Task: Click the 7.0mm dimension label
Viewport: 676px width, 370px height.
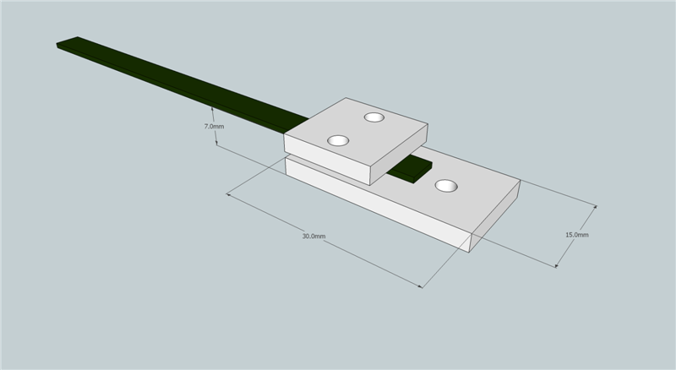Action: (x=214, y=126)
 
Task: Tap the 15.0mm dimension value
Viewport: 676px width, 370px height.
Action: (x=577, y=234)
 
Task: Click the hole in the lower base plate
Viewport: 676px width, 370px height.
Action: (x=445, y=185)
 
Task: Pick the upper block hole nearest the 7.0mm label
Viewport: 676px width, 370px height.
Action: (x=339, y=140)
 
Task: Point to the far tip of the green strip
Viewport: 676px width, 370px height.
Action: (x=66, y=41)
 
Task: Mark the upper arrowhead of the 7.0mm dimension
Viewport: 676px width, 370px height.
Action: (x=211, y=109)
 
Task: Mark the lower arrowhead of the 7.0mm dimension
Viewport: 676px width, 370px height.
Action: (x=218, y=144)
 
